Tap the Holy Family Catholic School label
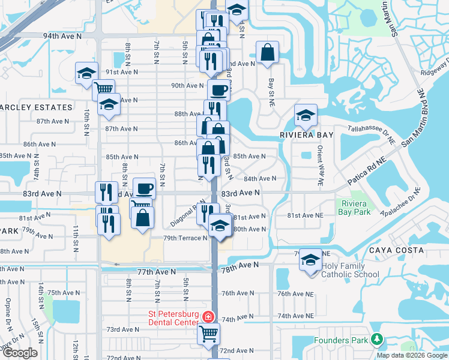(351, 271)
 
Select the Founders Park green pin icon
(376, 340)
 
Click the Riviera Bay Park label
(354, 208)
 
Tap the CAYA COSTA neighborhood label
(396, 250)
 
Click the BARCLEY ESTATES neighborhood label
(36, 107)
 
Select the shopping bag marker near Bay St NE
(267, 53)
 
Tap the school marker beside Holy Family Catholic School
(310, 260)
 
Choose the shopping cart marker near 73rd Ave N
(209, 332)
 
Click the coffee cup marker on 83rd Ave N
(144, 189)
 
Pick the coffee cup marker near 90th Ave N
(219, 91)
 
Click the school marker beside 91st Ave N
(86, 73)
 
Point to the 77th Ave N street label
(156, 272)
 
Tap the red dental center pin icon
(207, 317)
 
